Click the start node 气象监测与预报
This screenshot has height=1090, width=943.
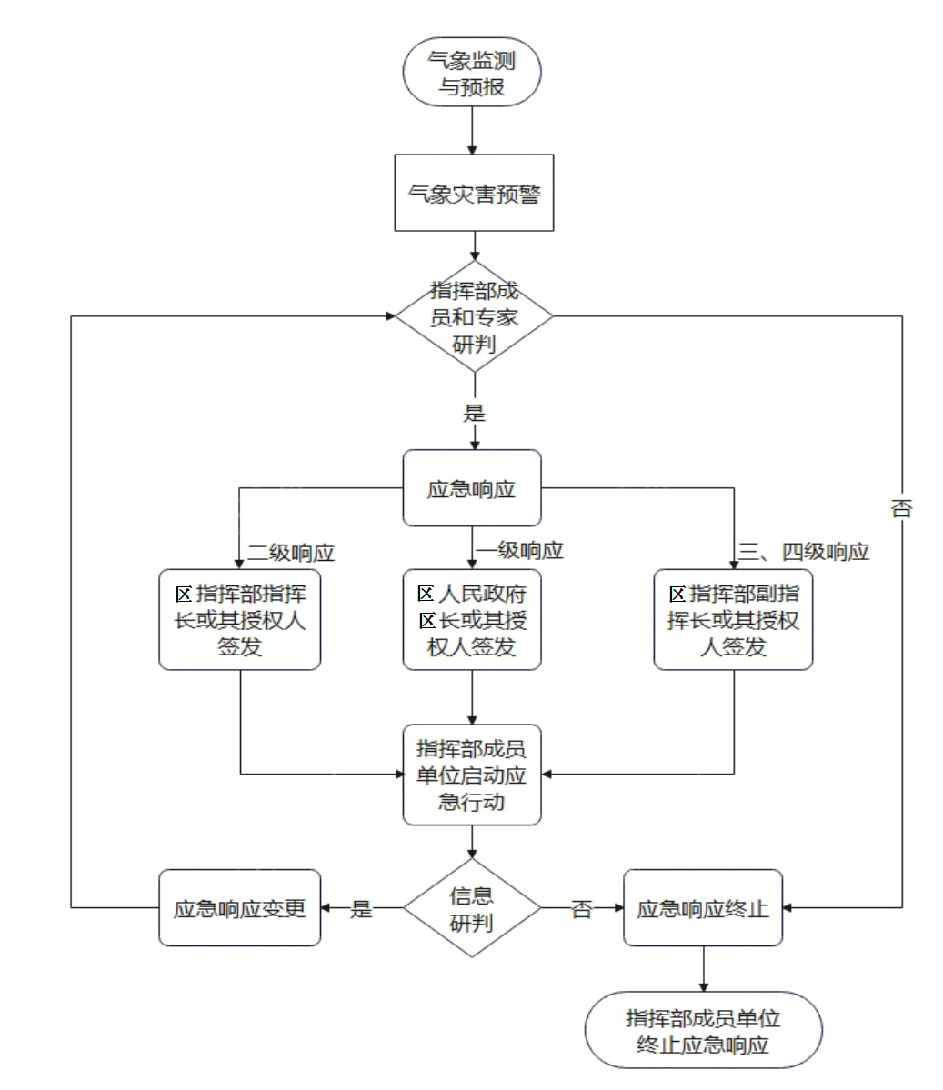pos(472,74)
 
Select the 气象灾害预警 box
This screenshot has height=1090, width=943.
pos(473,193)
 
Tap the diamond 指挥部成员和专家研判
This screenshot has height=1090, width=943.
pos(473,316)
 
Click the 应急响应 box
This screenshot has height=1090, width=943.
pos(471,488)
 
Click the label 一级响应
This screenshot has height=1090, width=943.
pos(520,550)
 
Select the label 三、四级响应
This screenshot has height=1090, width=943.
pos(804,552)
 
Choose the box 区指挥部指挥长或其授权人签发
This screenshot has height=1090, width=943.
pos(240,620)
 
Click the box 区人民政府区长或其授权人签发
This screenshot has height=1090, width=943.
pos(471,620)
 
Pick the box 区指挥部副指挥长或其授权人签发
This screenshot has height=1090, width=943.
pos(733,620)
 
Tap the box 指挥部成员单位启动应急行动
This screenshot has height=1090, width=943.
pos(471,775)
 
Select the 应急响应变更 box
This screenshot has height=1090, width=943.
pos(240,908)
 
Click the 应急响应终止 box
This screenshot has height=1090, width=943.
pos(702,908)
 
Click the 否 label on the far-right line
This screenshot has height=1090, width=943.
pos(900,508)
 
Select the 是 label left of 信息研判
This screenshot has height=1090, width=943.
pos(362,908)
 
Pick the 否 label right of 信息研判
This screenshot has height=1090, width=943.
pos(581,908)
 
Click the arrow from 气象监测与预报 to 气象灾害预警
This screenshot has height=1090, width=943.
pos(473,129)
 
